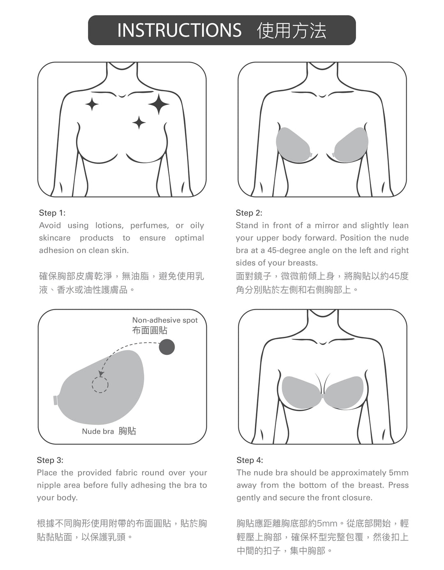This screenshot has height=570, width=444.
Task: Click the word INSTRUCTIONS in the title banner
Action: [x=179, y=30]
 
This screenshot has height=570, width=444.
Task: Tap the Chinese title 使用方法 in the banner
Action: [x=291, y=30]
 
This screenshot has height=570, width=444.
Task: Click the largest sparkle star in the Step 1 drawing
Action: [x=159, y=104]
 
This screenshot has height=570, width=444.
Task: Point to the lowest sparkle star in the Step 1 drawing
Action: [x=139, y=123]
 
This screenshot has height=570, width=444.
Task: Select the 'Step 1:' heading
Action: [x=52, y=213]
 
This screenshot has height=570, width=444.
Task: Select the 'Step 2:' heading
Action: [x=249, y=213]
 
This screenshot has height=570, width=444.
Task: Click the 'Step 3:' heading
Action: [x=50, y=460]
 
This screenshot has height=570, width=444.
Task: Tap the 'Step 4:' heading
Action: [x=250, y=460]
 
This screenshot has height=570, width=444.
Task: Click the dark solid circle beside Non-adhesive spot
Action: [x=166, y=347]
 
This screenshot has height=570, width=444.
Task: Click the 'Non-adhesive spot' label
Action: [x=165, y=320]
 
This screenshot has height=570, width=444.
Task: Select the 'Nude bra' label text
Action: [x=98, y=431]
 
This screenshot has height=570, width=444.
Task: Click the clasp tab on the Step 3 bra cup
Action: [x=55, y=400]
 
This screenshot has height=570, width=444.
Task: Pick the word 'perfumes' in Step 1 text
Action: [x=150, y=226]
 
